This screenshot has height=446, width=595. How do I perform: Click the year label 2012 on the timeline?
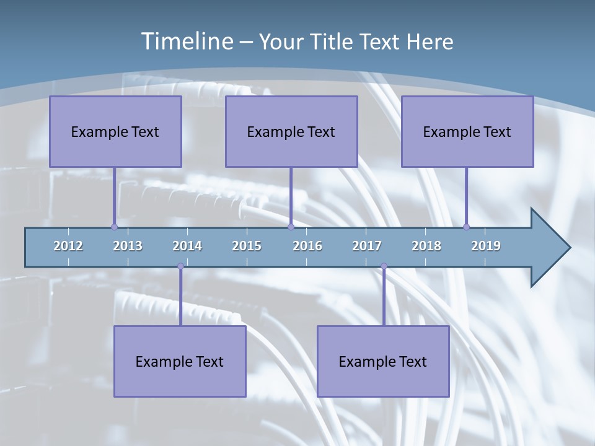pos(68,246)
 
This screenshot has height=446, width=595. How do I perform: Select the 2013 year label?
pos(128,246)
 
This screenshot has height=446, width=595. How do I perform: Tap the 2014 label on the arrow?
pos(187,246)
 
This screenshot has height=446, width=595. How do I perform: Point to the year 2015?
pos(247,246)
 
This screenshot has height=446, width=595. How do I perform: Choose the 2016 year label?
pos(307,246)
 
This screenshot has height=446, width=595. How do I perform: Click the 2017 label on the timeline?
pos(367,246)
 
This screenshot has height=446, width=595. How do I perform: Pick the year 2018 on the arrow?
pos(426,246)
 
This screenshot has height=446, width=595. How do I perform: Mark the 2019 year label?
pos(486,246)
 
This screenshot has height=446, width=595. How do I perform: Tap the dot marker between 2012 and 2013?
pos(114,227)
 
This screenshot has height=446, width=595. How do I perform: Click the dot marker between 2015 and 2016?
pos(291,227)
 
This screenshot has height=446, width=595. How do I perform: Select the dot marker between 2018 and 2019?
pos(466,227)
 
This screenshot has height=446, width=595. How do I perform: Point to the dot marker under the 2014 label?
pos(180,266)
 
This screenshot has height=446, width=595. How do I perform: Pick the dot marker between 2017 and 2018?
pos(384,266)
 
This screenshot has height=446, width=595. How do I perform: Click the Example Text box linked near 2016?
pos(291,131)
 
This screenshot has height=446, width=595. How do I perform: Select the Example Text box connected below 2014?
pos(180,361)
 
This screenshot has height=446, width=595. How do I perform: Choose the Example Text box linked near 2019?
pos(467,131)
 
